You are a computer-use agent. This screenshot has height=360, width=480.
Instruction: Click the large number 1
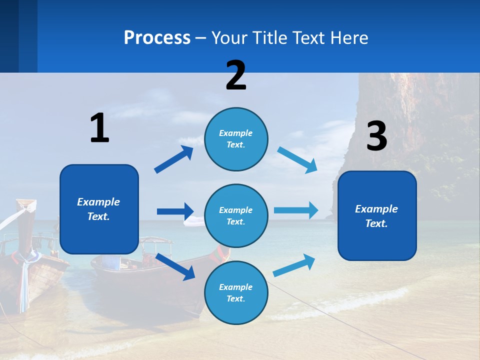tap(99, 128)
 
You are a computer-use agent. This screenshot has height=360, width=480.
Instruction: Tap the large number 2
tap(236, 75)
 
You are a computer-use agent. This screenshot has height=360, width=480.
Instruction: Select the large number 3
tap(376, 136)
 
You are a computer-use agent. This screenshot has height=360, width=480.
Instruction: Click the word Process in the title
tap(157, 37)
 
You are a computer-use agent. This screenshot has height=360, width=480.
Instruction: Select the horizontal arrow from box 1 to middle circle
tap(175, 211)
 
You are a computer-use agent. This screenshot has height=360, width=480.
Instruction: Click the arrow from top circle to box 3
tap(297, 159)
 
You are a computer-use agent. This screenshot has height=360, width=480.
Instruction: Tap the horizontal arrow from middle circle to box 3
tap(296, 210)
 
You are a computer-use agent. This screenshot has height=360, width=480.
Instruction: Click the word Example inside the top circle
tap(236, 133)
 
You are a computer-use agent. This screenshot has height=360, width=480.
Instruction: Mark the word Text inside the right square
tap(376, 223)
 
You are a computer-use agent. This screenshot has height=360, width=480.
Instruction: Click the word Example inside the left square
tap(98, 202)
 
